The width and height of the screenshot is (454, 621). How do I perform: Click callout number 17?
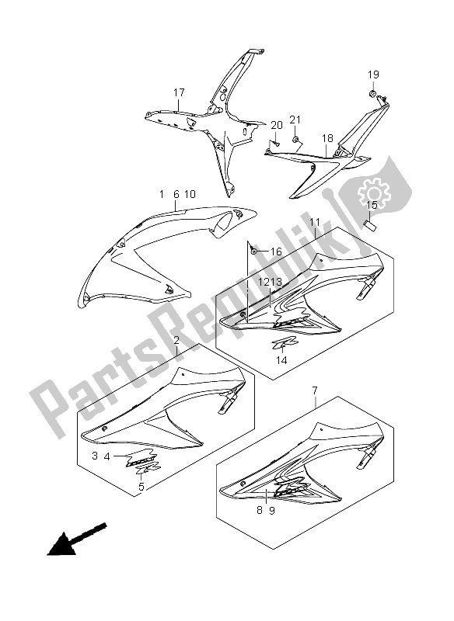pyautogui.click(x=179, y=92)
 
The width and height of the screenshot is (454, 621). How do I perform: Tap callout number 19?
pyautogui.click(x=373, y=75)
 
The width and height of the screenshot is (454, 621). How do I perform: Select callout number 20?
pyautogui.click(x=277, y=125)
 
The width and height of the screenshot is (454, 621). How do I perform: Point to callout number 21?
pyautogui.click(x=295, y=120)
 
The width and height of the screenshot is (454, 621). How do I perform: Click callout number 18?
pyautogui.click(x=327, y=139)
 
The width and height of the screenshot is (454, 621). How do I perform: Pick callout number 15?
pyautogui.click(x=372, y=205)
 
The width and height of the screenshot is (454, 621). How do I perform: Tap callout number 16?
pyautogui.click(x=276, y=252)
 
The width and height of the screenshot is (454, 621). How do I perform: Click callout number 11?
pyautogui.click(x=315, y=222)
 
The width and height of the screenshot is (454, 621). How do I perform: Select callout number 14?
pyautogui.click(x=281, y=359)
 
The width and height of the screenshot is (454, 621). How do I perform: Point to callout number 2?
pyautogui.click(x=176, y=340)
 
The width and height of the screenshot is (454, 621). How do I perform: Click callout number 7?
pyautogui.click(x=314, y=390)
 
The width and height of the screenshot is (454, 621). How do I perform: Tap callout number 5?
pyautogui.click(x=141, y=487)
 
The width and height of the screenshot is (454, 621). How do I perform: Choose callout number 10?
pyautogui.click(x=190, y=194)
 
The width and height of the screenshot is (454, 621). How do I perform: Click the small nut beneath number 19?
pyautogui.click(x=372, y=93)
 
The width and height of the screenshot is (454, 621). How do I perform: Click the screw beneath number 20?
pyautogui.click(x=274, y=143)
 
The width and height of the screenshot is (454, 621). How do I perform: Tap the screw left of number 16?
pyautogui.click(x=254, y=251)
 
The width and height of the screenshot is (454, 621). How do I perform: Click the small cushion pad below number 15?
pyautogui.click(x=370, y=225)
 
